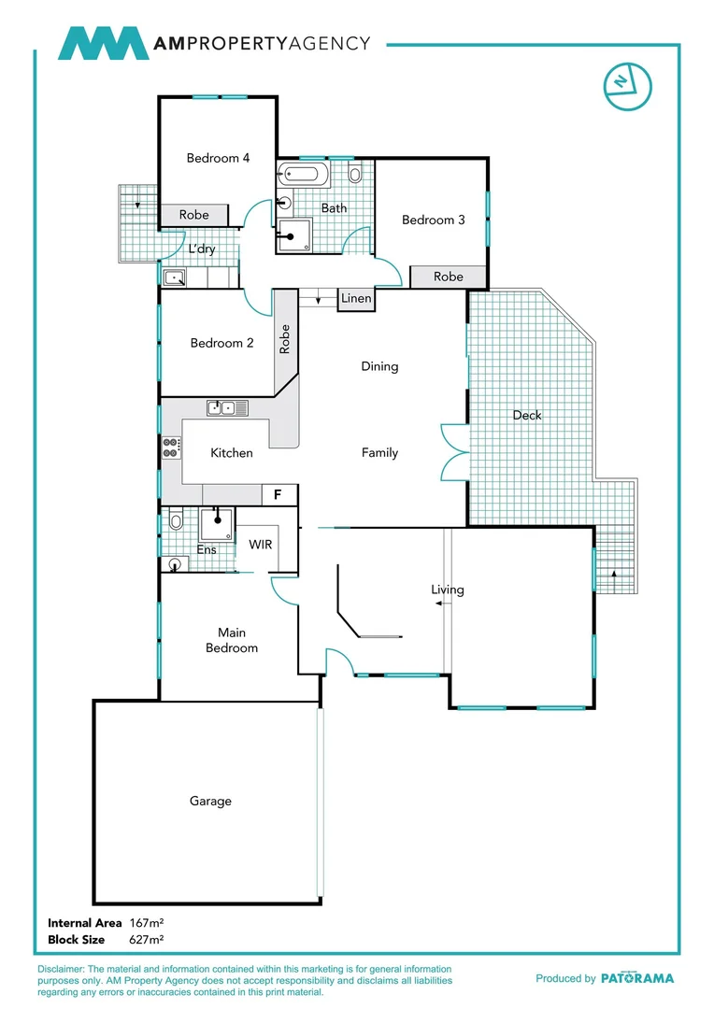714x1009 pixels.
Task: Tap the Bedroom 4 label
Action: click(218, 158)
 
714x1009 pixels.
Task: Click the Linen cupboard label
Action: click(356, 299)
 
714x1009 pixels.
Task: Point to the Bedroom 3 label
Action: click(433, 220)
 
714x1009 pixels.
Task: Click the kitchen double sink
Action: click(228, 407)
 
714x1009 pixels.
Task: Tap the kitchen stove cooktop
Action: click(171, 448)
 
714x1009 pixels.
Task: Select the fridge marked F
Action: click(277, 494)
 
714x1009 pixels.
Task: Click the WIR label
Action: click(260, 544)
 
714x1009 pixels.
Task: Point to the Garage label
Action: click(210, 801)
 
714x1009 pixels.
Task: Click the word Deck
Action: click(527, 415)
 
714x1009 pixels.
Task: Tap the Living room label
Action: click(447, 590)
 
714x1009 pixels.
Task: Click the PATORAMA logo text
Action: click(636, 978)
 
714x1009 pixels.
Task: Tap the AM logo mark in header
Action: click(103, 44)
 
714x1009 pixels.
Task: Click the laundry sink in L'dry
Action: click(175, 277)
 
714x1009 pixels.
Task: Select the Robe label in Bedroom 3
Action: click(449, 277)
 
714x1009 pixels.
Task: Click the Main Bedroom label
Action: click(231, 640)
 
